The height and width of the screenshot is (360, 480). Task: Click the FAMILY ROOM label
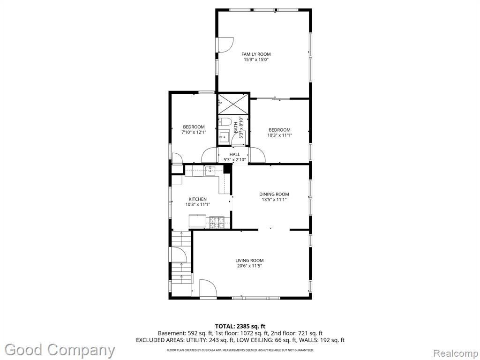click(256, 54)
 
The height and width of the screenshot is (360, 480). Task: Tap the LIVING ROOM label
click(249, 261)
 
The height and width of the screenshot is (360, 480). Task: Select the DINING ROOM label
click(274, 194)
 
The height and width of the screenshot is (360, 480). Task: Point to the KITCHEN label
click(197, 199)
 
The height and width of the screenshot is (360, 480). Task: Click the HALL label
click(235, 154)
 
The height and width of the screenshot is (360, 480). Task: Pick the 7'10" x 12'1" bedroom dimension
click(194, 133)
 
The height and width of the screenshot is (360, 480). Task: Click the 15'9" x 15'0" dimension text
click(256, 60)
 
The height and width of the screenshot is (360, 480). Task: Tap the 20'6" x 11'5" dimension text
click(249, 266)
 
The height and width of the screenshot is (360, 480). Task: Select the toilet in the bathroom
click(225, 122)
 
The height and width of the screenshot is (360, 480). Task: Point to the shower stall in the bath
click(233, 104)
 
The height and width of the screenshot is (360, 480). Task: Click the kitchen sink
click(210, 171)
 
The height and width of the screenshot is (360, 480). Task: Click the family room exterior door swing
click(225, 45)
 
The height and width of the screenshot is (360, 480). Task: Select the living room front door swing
click(208, 288)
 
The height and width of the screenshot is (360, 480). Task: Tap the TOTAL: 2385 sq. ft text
click(238, 326)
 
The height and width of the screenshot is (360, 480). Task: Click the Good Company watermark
click(60, 350)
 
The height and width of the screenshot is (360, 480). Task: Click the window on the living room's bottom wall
click(255, 298)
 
